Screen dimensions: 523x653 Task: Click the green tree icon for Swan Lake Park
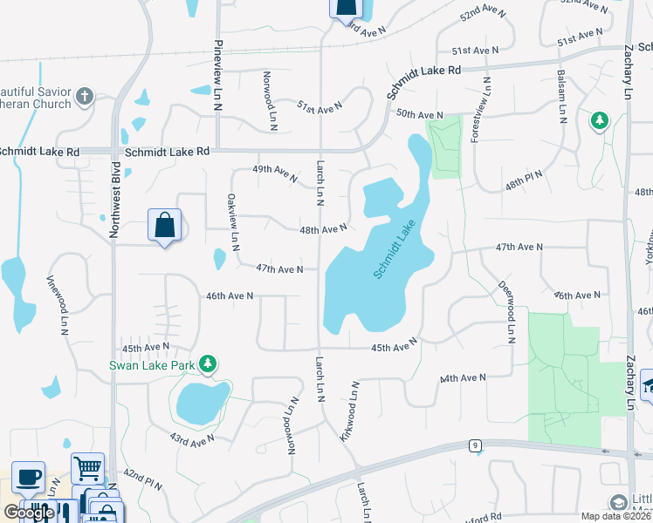pyautogui.click(x=208, y=363)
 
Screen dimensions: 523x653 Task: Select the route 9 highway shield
pyautogui.click(x=474, y=445)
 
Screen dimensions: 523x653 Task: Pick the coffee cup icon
pyautogui.click(x=29, y=477)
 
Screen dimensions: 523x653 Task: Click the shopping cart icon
pyautogui.click(x=87, y=469)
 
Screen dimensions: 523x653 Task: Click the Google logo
pyautogui.click(x=29, y=513)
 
